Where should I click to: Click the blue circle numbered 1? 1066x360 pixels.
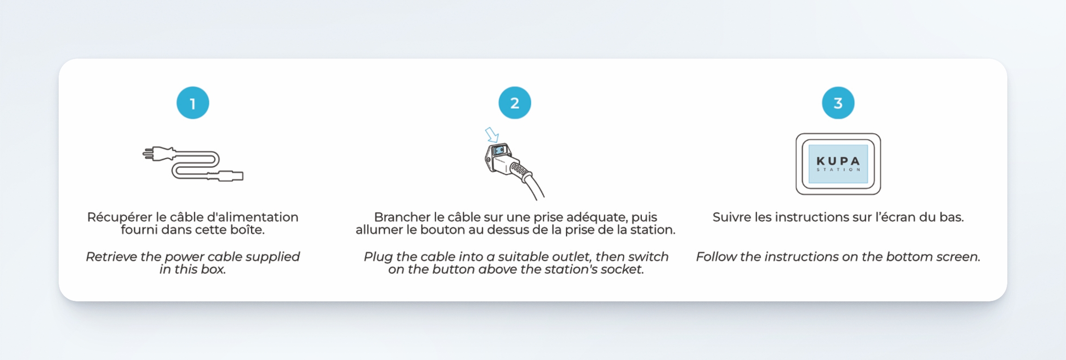pos(192,103)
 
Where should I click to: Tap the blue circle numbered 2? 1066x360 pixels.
pos(514,103)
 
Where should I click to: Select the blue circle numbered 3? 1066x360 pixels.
pos(838,103)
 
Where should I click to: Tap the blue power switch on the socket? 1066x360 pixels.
pos(499,150)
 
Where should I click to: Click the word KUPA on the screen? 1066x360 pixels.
pos(838,161)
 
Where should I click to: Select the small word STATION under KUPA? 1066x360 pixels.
pos(838,170)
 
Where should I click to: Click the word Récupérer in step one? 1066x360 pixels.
pos(119,217)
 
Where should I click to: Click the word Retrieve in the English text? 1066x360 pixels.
pos(111,257)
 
